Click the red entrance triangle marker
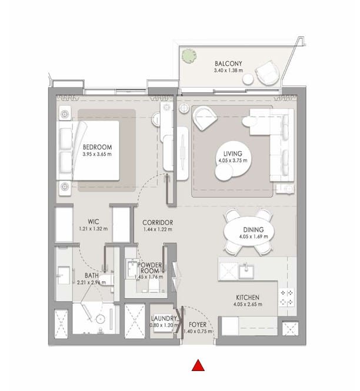[198, 365]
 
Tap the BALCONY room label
[228, 64]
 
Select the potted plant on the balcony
[189, 56]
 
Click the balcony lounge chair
[267, 73]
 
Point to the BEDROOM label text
[97, 147]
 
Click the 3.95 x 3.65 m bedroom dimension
[97, 154]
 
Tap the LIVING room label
[233, 153]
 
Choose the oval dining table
[249, 232]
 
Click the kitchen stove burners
[286, 298]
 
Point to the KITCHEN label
[248, 298]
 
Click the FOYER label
[198, 325]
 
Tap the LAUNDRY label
[164, 319]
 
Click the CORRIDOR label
[158, 222]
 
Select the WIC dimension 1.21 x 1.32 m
[94, 229]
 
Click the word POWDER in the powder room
[149, 265]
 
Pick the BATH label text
[92, 276]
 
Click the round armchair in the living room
[205, 118]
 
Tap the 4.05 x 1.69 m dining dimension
[254, 236]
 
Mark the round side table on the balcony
[248, 79]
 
